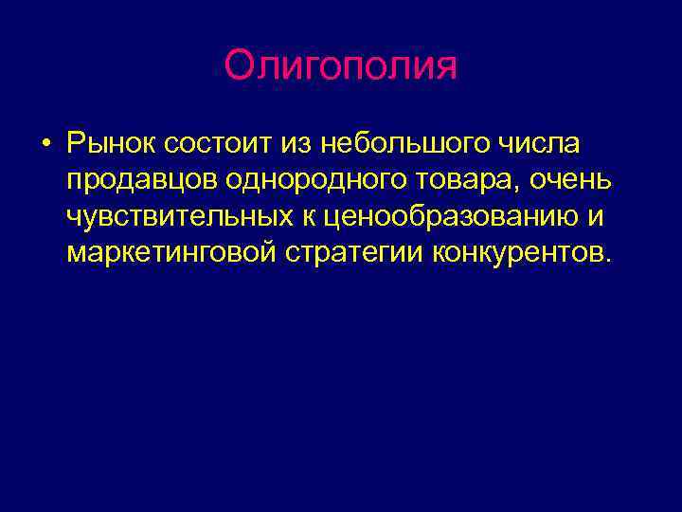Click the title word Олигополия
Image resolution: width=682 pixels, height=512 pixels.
pyautogui.click(x=341, y=66)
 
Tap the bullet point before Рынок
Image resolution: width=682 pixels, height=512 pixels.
pyautogui.click(x=45, y=145)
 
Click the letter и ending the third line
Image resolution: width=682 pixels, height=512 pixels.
pyautogui.click(x=596, y=217)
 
